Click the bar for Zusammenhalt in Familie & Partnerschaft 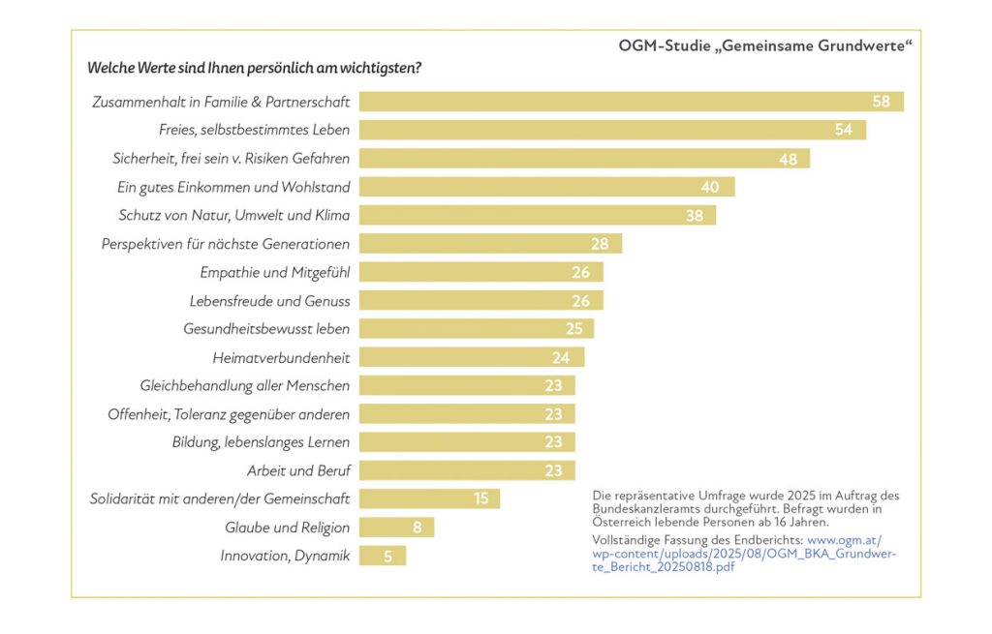pos(630,102)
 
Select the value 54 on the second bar pos(844,130)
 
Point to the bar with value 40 pos(546,187)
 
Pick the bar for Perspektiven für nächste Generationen pos(490,244)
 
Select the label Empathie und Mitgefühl pos(275,272)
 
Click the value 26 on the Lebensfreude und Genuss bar pos(580,301)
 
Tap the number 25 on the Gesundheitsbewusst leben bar pos(573,329)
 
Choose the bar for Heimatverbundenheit pos(472,357)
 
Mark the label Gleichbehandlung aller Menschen pos(245,385)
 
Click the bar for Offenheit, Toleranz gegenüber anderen pos(467,414)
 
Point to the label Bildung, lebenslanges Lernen pos(262,442)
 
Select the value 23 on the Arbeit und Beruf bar pos(554,471)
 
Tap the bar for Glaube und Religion pos(396,528)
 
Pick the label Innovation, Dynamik pos(285,556)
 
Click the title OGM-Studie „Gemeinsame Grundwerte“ pos(764,45)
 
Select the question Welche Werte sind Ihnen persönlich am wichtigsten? pos(254,68)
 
